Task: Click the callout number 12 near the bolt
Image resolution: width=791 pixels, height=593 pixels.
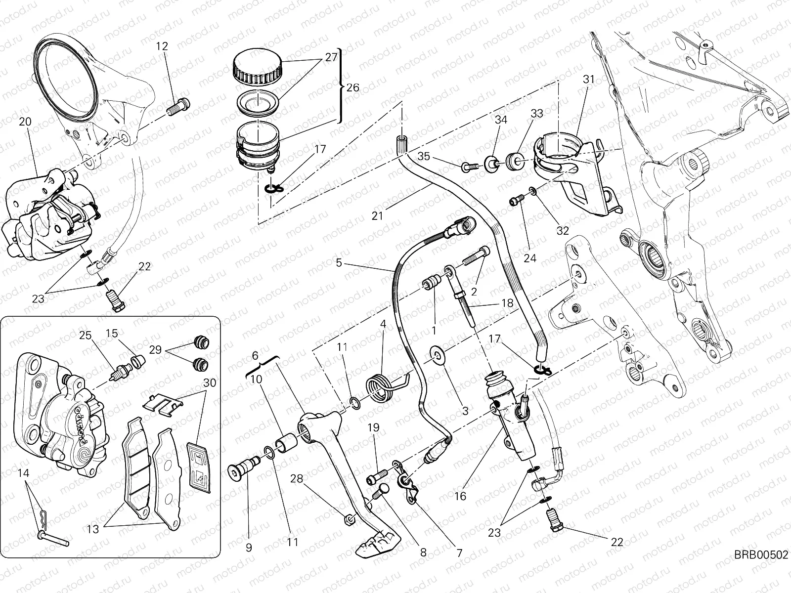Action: click(x=162, y=46)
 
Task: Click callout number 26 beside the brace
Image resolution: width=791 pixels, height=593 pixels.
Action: click(x=367, y=87)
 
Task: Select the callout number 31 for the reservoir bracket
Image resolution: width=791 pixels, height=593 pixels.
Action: click(x=588, y=79)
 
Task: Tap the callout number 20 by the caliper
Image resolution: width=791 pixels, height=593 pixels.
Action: click(x=26, y=122)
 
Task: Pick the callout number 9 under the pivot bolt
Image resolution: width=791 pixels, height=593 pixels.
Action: click(x=249, y=547)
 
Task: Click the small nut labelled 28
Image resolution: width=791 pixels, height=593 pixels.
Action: click(x=349, y=519)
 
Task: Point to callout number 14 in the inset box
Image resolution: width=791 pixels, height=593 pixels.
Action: click(x=24, y=473)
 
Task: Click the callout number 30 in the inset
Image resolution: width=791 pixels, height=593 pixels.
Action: click(x=210, y=382)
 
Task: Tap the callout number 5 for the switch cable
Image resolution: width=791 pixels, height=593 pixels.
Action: click(x=339, y=263)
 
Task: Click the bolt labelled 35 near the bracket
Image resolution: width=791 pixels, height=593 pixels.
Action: click(x=468, y=168)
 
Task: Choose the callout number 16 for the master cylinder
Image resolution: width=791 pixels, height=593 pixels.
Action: click(x=460, y=496)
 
